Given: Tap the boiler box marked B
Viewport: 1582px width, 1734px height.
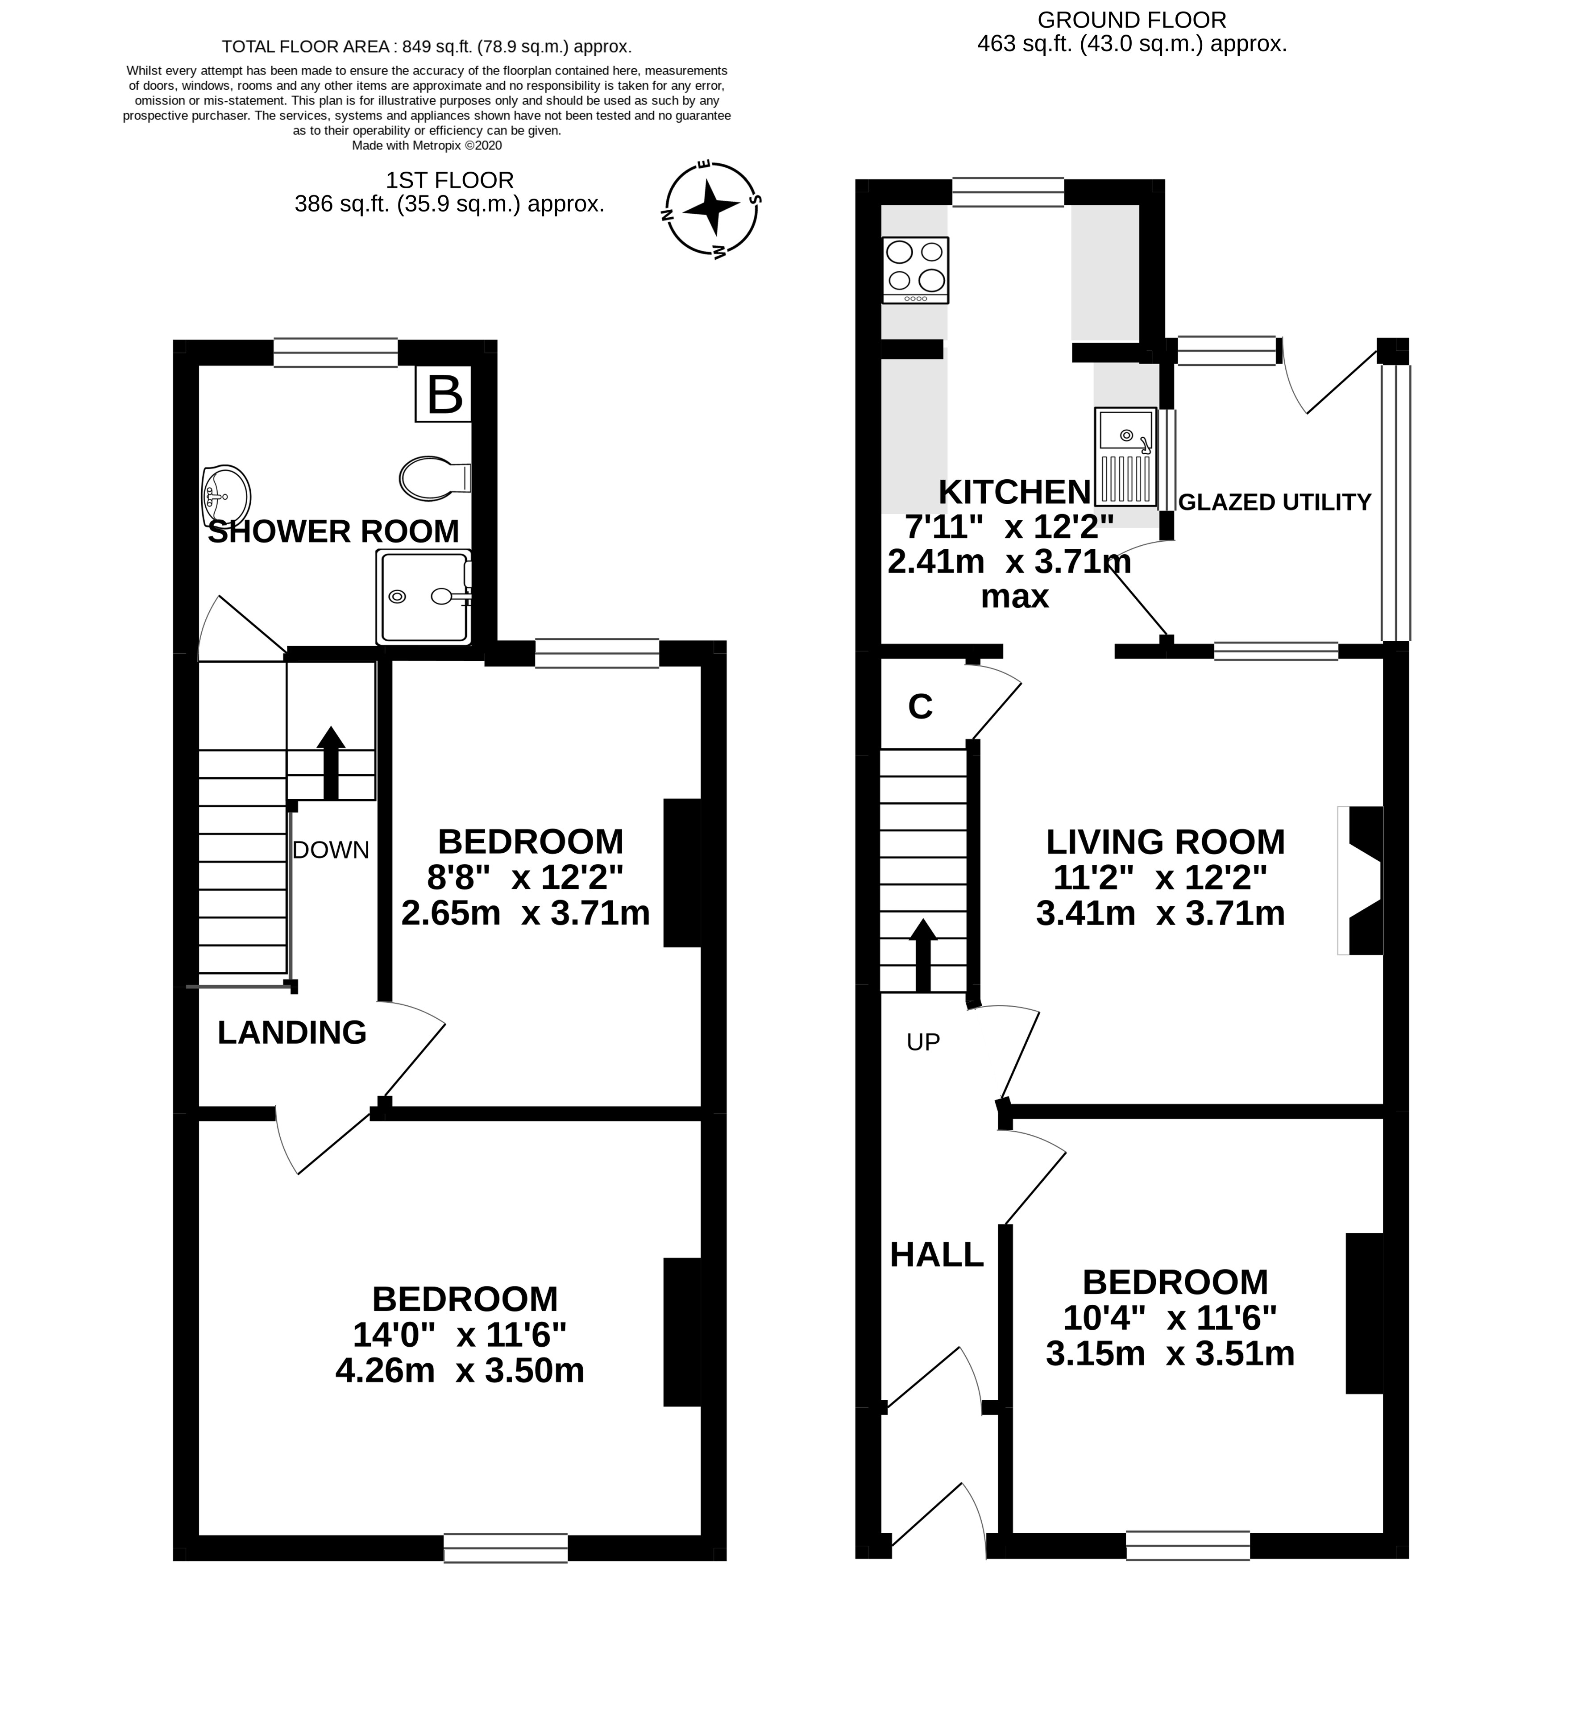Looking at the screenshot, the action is click(x=444, y=394).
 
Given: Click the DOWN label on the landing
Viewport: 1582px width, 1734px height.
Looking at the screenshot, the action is click(x=330, y=850).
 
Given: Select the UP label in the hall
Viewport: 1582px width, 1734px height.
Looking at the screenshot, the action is click(x=923, y=1042).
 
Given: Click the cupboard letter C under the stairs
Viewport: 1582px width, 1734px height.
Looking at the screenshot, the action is click(x=920, y=706).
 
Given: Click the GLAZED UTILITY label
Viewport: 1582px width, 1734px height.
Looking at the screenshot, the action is click(x=1274, y=502).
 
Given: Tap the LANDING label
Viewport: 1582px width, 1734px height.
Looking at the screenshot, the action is click(x=291, y=1032).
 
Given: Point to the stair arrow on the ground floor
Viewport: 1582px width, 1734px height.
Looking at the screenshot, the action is click(x=923, y=955).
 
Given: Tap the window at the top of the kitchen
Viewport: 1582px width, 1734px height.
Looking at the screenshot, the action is click(x=1007, y=192).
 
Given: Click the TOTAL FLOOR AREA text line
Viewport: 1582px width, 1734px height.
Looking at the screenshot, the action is click(x=427, y=46).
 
